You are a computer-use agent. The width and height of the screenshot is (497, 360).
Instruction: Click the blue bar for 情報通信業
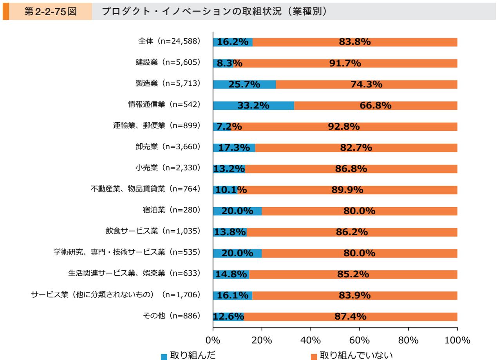[x=253, y=105]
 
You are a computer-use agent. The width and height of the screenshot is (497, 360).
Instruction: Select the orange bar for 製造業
[x=366, y=84]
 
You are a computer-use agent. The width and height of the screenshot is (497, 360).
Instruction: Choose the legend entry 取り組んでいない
[x=354, y=355]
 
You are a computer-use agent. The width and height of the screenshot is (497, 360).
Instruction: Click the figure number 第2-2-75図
[x=51, y=12]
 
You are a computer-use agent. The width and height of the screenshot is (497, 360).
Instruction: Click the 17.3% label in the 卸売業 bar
[x=233, y=148]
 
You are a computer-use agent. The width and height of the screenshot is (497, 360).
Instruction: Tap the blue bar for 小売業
[x=229, y=169]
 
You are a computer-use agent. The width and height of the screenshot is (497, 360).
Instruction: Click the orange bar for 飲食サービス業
[x=352, y=232]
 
